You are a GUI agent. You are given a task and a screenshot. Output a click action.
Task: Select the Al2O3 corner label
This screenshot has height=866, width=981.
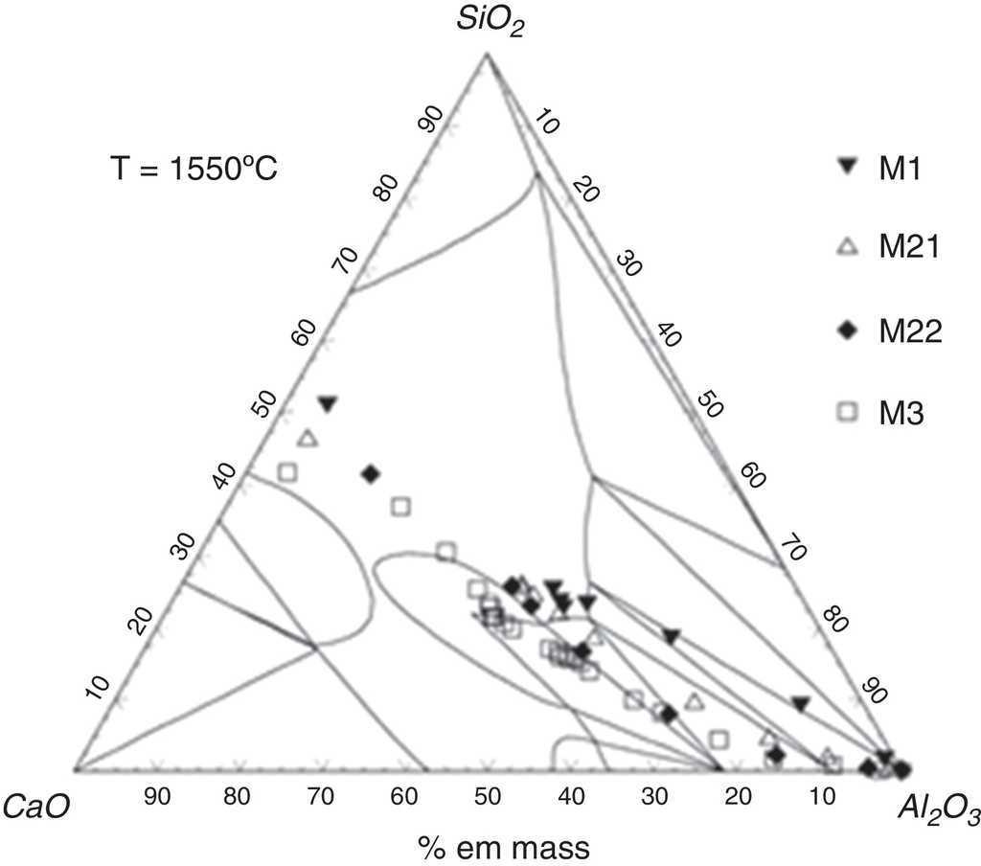[x=938, y=811]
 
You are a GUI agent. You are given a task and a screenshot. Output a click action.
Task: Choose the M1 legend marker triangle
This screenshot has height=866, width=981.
[x=847, y=166]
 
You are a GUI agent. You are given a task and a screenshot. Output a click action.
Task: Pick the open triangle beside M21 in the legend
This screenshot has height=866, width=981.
[x=847, y=248]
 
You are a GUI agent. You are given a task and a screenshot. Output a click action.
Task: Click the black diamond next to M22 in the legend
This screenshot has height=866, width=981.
[x=847, y=330]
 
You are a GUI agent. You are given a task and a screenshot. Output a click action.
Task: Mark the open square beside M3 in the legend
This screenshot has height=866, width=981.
[x=847, y=413]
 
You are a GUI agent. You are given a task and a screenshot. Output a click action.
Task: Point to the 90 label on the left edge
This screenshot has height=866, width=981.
[x=433, y=118]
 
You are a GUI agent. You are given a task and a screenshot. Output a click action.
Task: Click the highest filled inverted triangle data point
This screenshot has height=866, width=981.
[x=328, y=403]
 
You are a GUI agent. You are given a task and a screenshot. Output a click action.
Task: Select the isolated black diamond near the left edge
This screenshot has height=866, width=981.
[x=371, y=473]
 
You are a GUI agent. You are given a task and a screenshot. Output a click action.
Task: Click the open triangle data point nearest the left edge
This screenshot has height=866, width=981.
[x=307, y=439]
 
